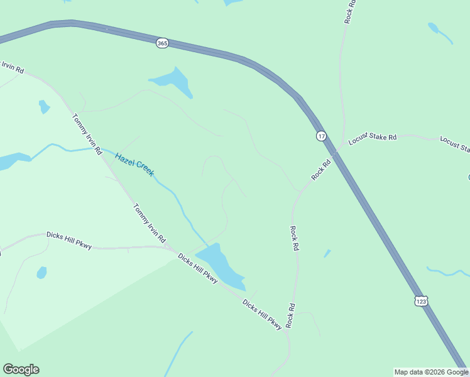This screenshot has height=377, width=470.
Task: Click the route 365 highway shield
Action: click(x=163, y=43)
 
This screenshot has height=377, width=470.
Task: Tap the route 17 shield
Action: click(x=321, y=136)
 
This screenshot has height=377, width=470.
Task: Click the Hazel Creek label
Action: click(x=134, y=163)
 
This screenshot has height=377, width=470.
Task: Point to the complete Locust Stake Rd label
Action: click(x=373, y=138)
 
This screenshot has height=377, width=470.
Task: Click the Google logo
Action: click(x=21, y=369)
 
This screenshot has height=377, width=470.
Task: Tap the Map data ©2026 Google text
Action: click(x=431, y=372)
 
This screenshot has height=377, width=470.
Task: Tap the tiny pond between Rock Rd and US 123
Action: click(x=327, y=253)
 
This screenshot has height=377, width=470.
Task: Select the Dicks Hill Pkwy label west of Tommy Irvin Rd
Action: click(x=69, y=240)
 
